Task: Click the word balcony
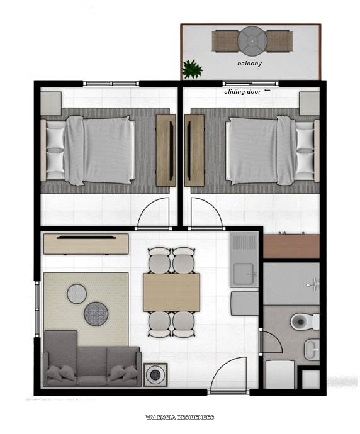[x=250, y=64]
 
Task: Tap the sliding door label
[x=242, y=92]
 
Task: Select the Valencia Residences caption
[x=179, y=417]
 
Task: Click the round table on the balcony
[x=252, y=40]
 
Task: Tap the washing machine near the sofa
[x=154, y=375]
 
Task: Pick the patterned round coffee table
[x=97, y=313]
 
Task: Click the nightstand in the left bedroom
[x=51, y=102]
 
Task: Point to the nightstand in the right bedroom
[x=309, y=102]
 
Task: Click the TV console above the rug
[x=85, y=243]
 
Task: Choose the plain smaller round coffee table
[x=77, y=292]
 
